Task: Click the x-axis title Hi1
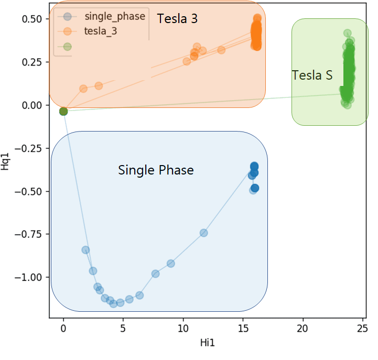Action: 208,344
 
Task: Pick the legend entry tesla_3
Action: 100,31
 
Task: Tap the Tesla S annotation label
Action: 312,75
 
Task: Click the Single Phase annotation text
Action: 156,170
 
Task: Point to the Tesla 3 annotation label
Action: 178,19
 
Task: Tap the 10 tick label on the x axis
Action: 183,328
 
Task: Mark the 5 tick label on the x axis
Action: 123,328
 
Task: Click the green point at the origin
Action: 63,111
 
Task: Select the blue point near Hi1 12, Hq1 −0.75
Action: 204,233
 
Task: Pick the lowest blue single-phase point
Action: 113,303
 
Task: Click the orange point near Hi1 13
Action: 221,50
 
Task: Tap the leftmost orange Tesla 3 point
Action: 83,89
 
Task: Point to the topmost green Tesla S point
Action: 347,34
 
